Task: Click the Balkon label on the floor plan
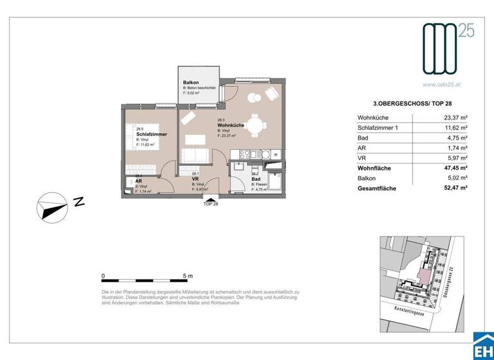[x=190, y=82]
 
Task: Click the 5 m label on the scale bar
[x=188, y=275]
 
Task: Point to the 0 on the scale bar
[x=104, y=275]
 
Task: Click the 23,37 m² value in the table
[x=455, y=118]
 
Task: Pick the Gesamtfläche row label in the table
[x=377, y=188]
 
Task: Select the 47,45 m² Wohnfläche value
[x=455, y=168]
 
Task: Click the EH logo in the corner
[x=482, y=347]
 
